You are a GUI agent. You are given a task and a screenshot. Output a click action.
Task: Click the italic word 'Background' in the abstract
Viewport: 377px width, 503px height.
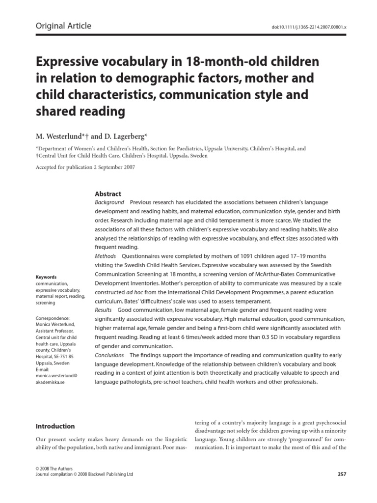[x=109, y=202]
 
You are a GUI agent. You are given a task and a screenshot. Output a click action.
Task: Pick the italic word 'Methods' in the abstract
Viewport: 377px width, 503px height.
[x=105, y=256]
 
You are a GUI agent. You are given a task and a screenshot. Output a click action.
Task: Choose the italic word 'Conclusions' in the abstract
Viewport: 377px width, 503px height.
[x=109, y=355]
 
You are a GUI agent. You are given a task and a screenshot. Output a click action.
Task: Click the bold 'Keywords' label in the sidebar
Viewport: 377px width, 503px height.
[x=46, y=277]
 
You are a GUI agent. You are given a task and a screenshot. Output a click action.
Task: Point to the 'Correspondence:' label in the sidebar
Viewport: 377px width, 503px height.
[x=53, y=318]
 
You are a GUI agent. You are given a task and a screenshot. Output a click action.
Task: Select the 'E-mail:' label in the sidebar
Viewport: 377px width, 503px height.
[x=44, y=369]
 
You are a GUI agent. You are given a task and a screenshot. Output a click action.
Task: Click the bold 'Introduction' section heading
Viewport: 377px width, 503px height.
[x=55, y=426]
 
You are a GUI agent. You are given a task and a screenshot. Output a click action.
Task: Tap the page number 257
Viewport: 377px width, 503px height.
[x=342, y=474]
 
